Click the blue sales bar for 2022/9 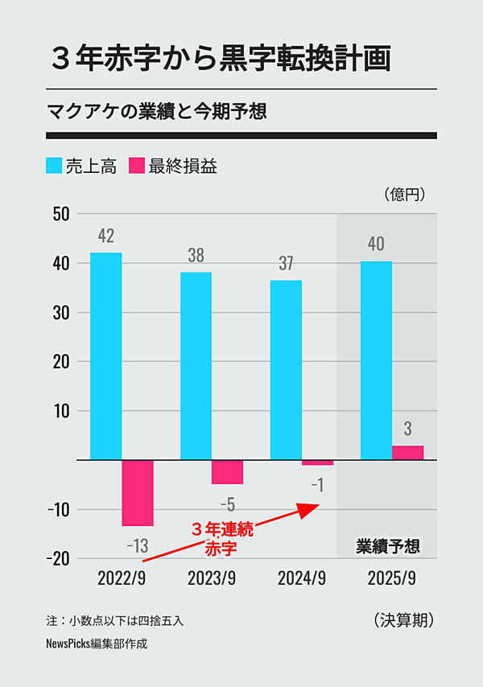106,356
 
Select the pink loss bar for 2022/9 138,493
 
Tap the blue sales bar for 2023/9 196,366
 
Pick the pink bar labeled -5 228,472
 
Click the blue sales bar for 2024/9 286,370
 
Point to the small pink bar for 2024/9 317,463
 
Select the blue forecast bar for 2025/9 376,360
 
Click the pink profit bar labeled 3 407,453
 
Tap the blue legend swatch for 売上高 55,167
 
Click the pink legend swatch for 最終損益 137,167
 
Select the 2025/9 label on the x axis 391,578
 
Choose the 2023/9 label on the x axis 212,578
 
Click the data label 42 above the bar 106,236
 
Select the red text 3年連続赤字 223,539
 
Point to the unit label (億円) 405,194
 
